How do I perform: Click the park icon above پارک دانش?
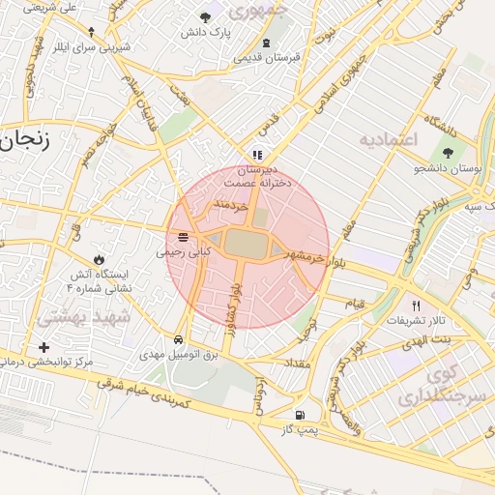point(204,17)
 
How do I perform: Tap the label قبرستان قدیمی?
point(266,57)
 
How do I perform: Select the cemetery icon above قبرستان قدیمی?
point(266,43)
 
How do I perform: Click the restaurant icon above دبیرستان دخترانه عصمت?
point(256,154)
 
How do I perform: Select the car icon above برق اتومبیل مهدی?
point(179,340)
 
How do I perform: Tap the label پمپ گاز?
point(301,427)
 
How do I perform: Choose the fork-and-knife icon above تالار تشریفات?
point(417,305)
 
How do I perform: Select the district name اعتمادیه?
point(387,140)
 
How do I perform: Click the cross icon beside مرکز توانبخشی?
point(43,347)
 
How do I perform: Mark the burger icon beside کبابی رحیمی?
point(183,237)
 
